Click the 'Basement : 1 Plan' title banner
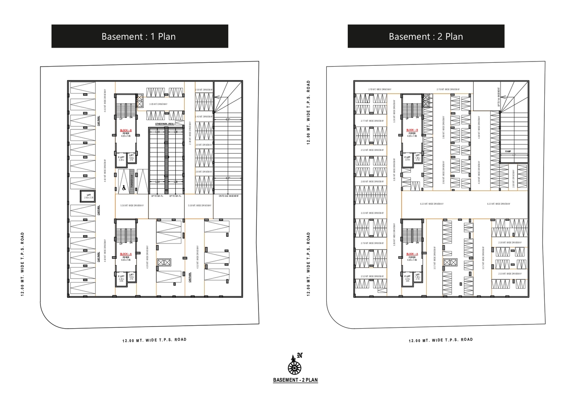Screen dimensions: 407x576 point(140,36)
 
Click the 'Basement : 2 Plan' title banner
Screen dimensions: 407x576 point(425,36)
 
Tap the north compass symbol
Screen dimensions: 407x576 point(295,364)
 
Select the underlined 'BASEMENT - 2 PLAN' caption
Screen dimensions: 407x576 point(295,380)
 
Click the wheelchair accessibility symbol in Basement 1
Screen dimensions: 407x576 point(124,187)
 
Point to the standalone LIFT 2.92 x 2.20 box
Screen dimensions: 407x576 point(89,196)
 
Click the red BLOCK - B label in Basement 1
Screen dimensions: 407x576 point(126,131)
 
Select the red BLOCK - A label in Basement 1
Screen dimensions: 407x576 point(126,254)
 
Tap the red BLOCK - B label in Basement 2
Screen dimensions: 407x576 point(412,130)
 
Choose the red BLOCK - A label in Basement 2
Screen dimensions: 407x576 point(412,254)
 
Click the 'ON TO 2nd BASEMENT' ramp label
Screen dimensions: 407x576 point(229,196)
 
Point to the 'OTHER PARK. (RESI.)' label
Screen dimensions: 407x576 point(164,124)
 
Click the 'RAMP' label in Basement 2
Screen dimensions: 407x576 point(508,151)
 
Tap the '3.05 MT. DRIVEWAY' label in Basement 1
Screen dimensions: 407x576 point(158,104)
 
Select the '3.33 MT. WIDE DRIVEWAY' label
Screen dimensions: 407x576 point(372,213)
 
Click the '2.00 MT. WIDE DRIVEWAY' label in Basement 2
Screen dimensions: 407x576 point(372,182)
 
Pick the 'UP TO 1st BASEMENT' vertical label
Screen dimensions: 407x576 point(498,97)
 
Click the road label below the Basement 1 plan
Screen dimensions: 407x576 point(154,340)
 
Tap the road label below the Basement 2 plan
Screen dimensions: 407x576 point(441,340)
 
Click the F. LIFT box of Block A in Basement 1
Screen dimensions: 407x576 point(121,278)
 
